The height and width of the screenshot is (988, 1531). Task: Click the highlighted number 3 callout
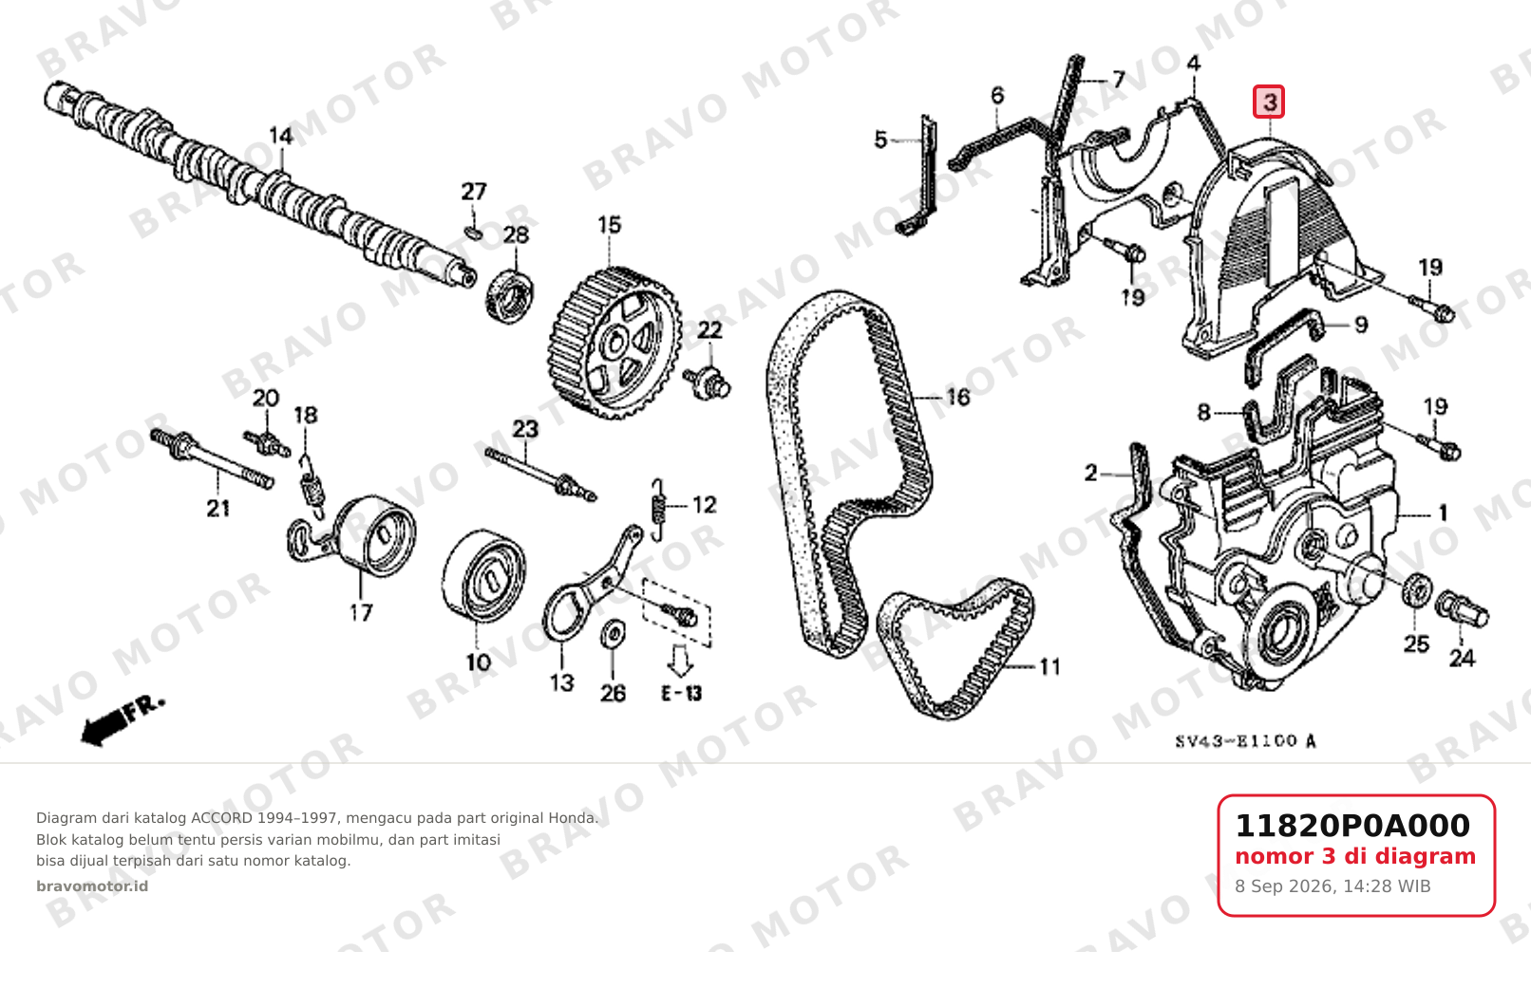[1269, 102]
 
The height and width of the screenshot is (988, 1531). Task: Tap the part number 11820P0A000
[1351, 826]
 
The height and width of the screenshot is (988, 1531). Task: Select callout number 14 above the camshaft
[281, 136]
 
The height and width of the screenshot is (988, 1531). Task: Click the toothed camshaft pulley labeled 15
[614, 342]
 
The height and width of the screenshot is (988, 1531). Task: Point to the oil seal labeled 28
[510, 296]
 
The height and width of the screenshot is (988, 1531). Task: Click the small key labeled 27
[472, 233]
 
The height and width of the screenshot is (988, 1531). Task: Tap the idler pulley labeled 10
[484, 575]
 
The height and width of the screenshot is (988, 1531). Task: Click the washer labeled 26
[613, 634]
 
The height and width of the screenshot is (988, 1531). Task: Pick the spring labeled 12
[658, 509]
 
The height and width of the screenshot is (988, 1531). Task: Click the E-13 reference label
[681, 694]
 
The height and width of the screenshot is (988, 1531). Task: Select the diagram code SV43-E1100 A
[1245, 741]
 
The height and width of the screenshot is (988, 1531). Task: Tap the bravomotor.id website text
[92, 886]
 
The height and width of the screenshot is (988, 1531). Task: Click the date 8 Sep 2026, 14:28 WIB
[1333, 886]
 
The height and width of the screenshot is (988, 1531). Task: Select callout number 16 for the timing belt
[957, 397]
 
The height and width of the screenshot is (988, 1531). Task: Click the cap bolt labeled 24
[1462, 610]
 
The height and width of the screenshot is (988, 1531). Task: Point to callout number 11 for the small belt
[1049, 665]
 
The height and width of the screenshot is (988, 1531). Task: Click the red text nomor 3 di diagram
[1355, 856]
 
